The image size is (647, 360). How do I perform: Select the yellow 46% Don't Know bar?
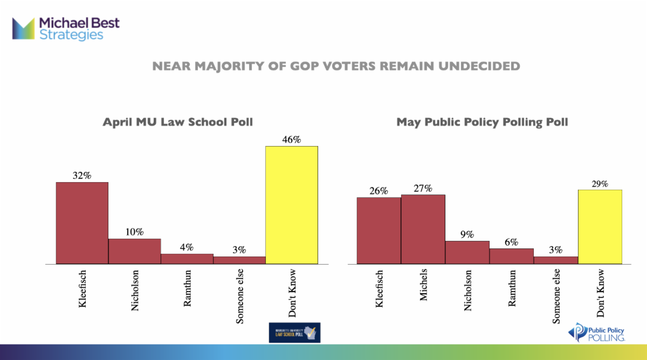(x=292, y=205)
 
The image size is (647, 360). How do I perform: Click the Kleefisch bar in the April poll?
(x=82, y=223)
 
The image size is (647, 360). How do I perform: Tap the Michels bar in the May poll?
(x=423, y=229)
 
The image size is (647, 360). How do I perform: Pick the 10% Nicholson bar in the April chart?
(x=134, y=251)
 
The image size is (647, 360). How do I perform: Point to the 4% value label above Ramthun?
(x=187, y=247)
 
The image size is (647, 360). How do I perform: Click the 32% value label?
(x=82, y=175)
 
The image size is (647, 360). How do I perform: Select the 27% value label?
(x=423, y=188)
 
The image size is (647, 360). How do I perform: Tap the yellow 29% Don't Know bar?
(x=600, y=227)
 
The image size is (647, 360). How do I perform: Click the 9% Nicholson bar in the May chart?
(x=467, y=252)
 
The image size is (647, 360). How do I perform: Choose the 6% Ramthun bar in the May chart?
(x=511, y=256)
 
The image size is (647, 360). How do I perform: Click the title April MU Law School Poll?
(x=178, y=122)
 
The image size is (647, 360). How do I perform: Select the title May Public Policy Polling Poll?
(x=482, y=122)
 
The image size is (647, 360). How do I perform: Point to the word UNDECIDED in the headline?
(x=469, y=66)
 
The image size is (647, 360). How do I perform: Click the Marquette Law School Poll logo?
(x=294, y=333)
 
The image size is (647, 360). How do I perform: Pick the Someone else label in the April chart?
(x=240, y=296)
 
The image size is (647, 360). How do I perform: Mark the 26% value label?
(x=378, y=191)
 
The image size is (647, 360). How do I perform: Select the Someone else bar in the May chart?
(x=555, y=260)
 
